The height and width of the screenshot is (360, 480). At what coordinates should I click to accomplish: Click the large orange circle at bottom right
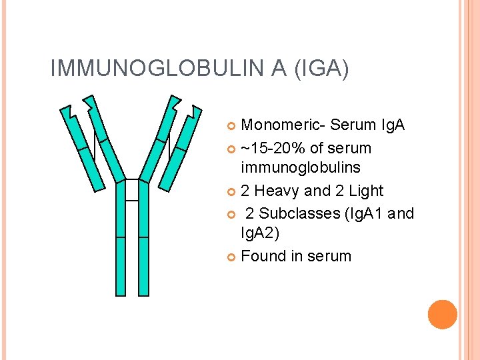pos(443,315)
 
